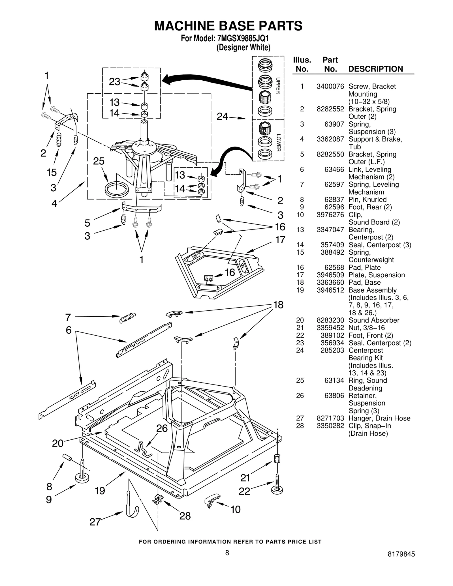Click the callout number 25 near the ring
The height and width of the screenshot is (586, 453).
(99, 161)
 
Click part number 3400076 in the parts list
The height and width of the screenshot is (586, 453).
(330, 87)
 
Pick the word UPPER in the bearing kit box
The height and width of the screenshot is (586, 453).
(278, 85)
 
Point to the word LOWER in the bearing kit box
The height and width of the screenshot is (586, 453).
(278, 143)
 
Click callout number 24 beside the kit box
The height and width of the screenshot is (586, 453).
(222, 117)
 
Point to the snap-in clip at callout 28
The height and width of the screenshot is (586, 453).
(158, 499)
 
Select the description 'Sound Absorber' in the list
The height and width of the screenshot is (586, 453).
(374, 320)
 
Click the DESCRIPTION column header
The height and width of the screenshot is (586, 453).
(375, 69)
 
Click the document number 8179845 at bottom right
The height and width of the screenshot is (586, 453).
(401, 554)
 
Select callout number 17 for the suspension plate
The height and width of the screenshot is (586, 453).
(280, 240)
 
